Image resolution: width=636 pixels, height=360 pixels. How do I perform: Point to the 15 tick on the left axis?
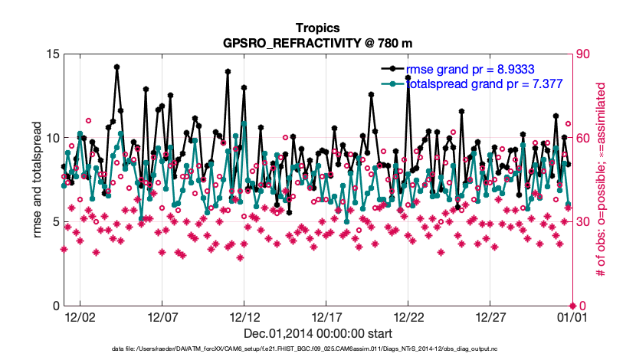pyautogui.click(x=53, y=54)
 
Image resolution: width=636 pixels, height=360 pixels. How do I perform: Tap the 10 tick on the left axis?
pyautogui.click(x=53, y=138)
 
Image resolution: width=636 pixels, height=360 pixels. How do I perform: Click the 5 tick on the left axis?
pyautogui.click(x=56, y=222)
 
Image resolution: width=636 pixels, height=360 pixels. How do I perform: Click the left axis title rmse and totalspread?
pyautogui.click(x=38, y=180)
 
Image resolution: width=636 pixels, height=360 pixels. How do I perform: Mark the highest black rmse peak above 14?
pyautogui.click(x=117, y=67)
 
